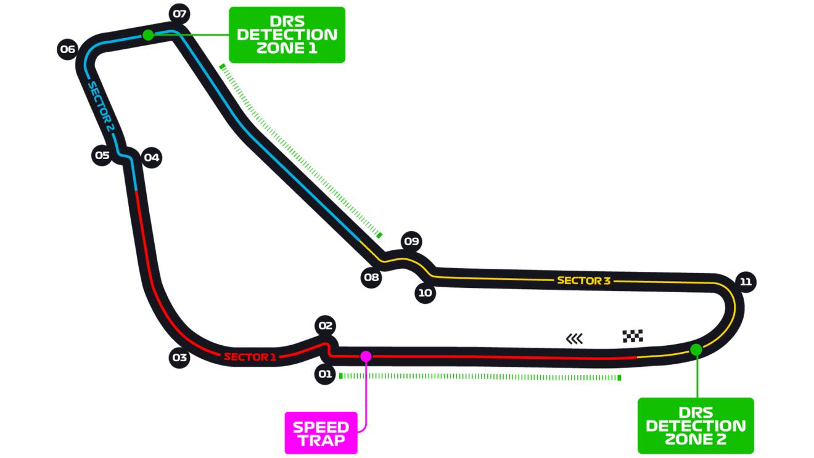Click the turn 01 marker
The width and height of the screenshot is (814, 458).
point(325,374)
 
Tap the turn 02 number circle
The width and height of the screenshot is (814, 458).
point(326,325)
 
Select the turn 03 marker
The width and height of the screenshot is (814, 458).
point(179,357)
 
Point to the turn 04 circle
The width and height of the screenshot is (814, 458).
point(151,157)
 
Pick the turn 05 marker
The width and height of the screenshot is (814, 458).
point(102,155)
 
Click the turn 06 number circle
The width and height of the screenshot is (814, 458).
point(68,49)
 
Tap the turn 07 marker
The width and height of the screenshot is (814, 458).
point(179,14)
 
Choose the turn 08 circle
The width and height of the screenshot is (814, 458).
point(371,277)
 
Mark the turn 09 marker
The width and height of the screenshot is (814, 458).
point(411,241)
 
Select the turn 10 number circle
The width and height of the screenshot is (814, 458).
point(425,293)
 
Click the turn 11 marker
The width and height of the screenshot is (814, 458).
point(746,282)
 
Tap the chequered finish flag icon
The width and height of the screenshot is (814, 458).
point(633,336)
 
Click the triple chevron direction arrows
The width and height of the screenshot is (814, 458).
point(574,338)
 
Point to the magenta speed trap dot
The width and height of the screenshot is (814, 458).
point(366,356)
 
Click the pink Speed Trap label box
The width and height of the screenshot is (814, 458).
point(321,433)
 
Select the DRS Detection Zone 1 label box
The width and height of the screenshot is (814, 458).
point(287,35)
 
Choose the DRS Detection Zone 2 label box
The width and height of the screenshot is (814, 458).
point(696,425)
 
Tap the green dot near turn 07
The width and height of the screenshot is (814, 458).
point(148,35)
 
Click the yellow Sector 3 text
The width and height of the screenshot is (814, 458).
point(583,280)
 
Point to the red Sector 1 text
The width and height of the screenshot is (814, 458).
point(250,356)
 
